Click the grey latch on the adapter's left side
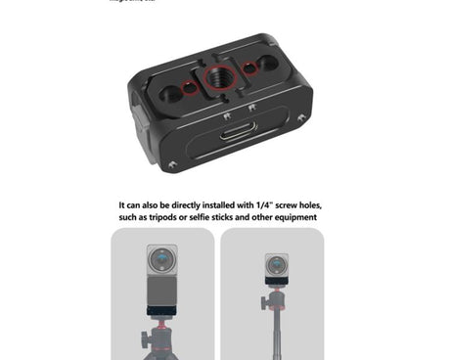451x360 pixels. [138, 137]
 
